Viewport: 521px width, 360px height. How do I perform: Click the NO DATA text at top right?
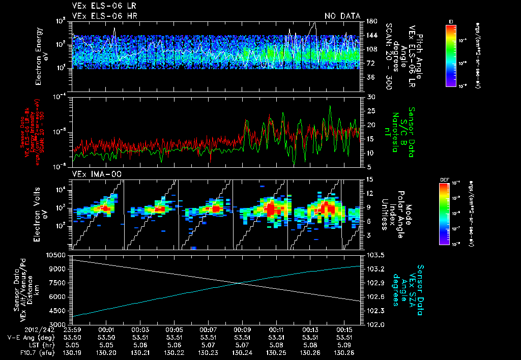342,16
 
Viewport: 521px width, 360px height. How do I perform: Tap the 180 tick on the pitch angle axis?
371,21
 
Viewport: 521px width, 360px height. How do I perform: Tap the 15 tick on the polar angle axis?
369,179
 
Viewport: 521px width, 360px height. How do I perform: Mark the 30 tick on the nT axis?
371,97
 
